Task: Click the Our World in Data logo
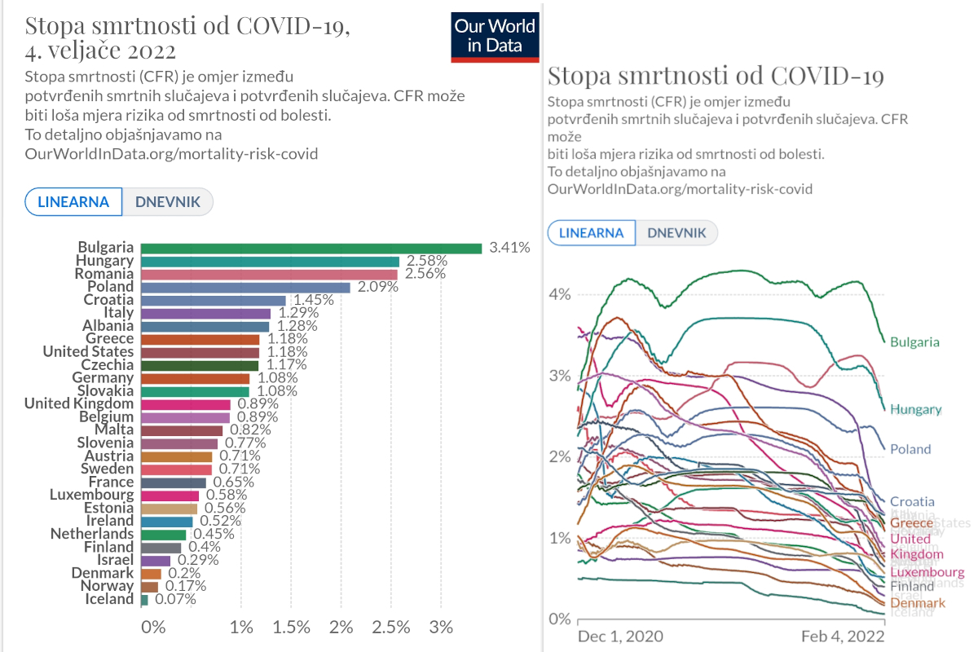pyautogui.click(x=495, y=37)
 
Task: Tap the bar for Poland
pyautogui.click(x=245, y=287)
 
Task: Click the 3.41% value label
pyautogui.click(x=509, y=248)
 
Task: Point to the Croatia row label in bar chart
pyautogui.click(x=108, y=300)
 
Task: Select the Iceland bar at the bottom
pyautogui.click(x=145, y=599)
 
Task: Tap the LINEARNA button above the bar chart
pyautogui.click(x=73, y=201)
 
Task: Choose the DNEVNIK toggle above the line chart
pyautogui.click(x=676, y=232)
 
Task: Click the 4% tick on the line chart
pyautogui.click(x=559, y=294)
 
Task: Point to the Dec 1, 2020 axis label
pyautogui.click(x=619, y=636)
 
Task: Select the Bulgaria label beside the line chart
pyautogui.click(x=914, y=342)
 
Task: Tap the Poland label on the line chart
pyautogui.click(x=910, y=449)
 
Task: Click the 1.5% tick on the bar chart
pyautogui.click(x=291, y=628)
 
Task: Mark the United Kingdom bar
pyautogui.click(x=186, y=404)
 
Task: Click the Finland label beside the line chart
pyautogui.click(x=912, y=586)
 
